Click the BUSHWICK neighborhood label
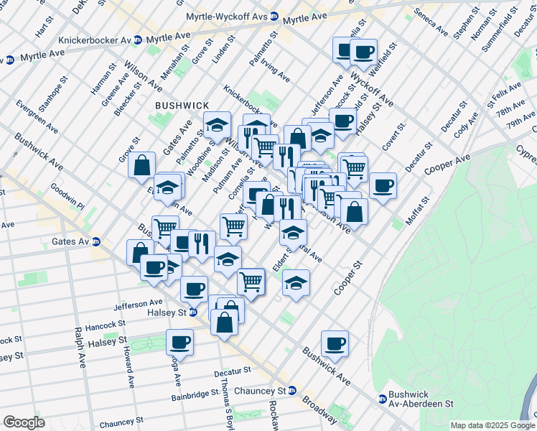[182, 105]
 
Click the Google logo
[24, 422]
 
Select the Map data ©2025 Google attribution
[492, 425]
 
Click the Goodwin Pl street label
[67, 198]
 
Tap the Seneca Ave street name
[431, 23]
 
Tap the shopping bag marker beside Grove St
[142, 164]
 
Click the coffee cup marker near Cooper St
[335, 343]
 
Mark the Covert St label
[394, 136]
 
